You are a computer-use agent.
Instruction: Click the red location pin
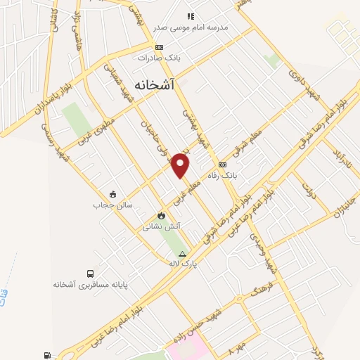point(181,165)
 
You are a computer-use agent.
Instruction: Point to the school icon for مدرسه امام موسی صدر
point(190,15)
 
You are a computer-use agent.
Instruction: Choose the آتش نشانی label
point(161,226)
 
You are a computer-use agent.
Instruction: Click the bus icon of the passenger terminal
point(90,274)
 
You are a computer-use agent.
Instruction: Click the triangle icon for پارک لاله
point(183,254)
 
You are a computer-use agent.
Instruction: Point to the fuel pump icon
point(47,356)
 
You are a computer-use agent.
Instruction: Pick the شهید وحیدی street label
point(266,254)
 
